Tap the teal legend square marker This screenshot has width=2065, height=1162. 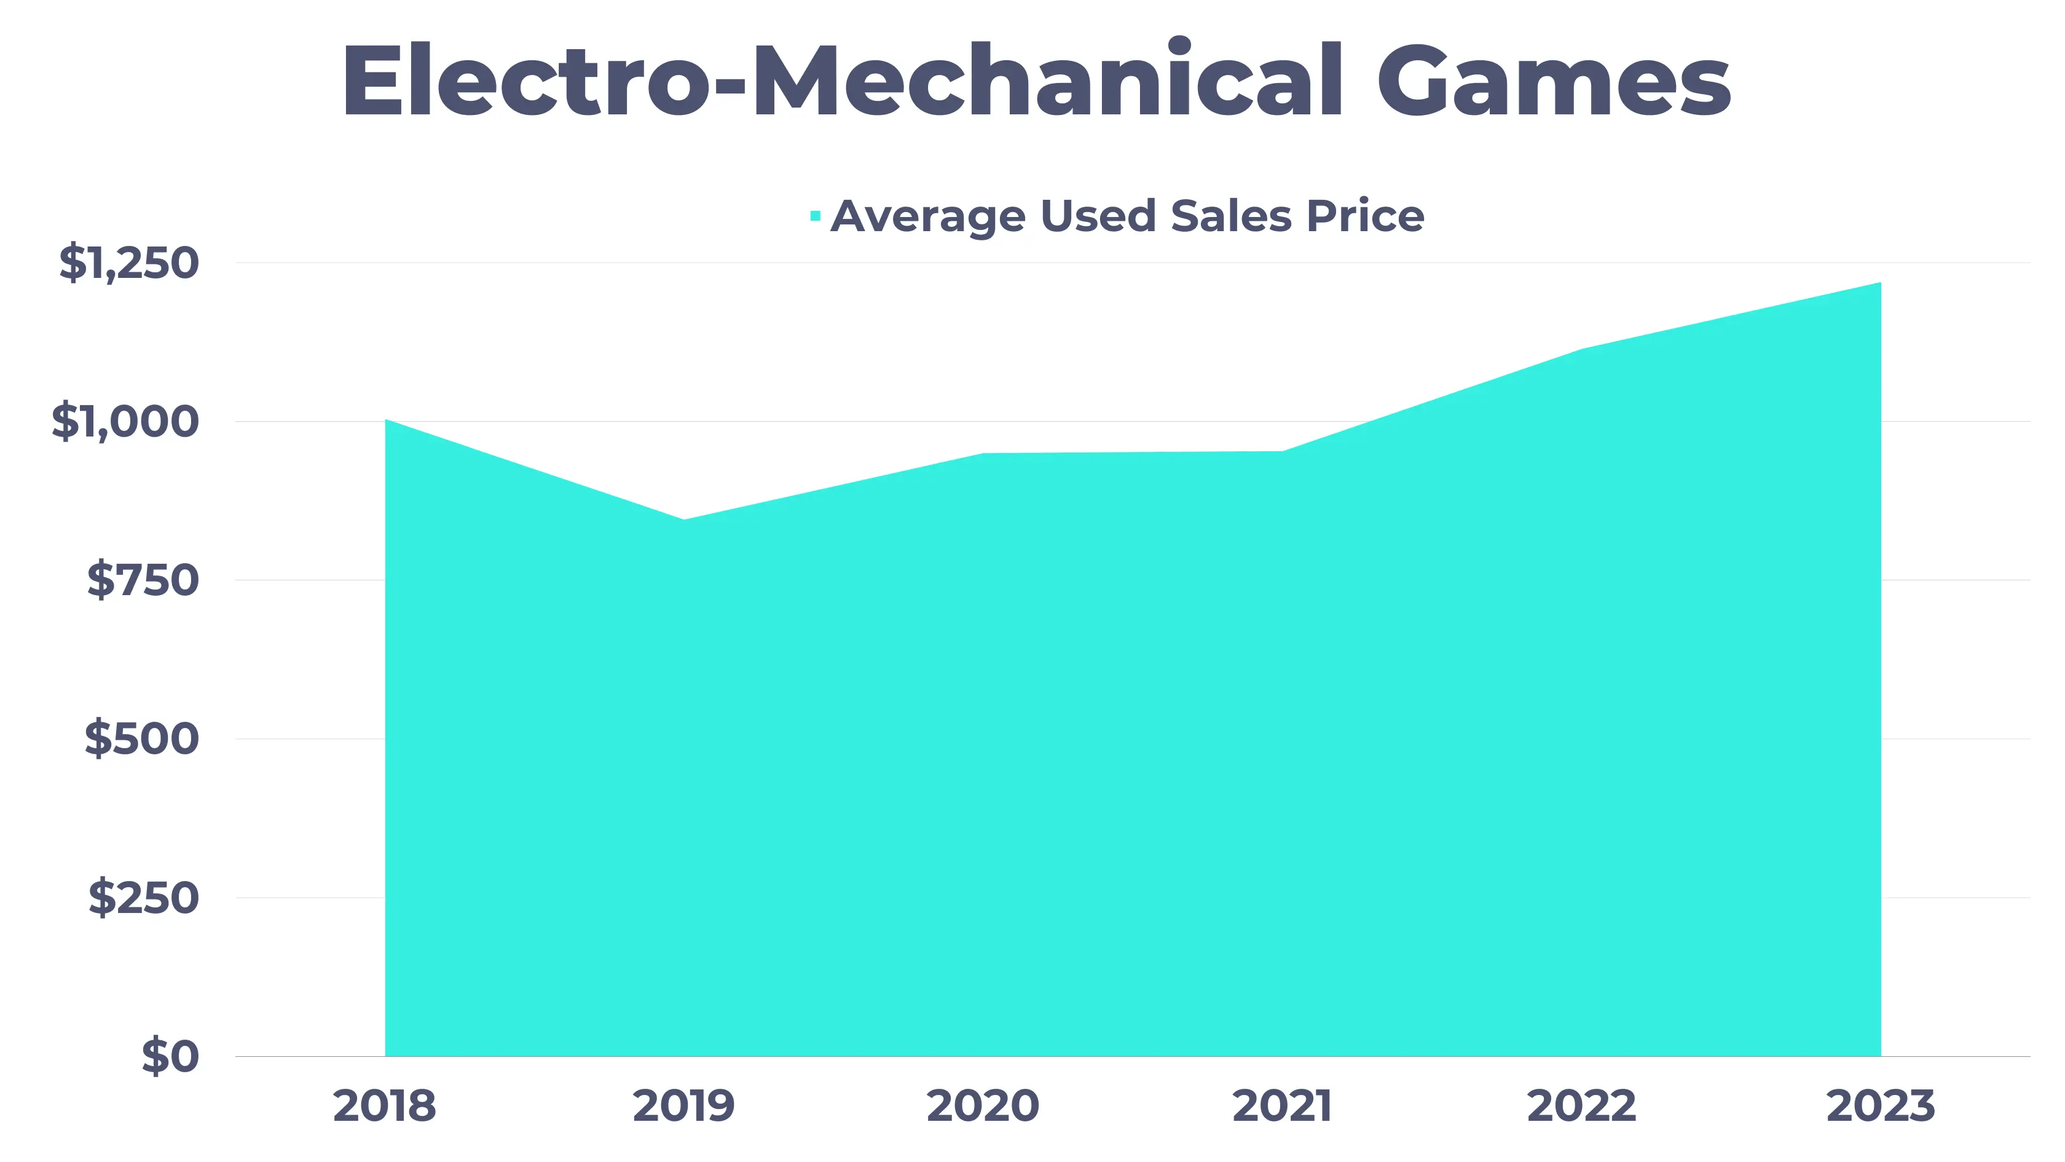point(816,216)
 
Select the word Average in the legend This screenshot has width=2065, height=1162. point(927,216)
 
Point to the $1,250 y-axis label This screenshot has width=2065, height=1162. point(129,263)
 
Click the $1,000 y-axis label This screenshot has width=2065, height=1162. point(125,421)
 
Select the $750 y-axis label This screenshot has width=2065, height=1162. point(143,580)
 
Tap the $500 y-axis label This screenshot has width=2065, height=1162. point(142,738)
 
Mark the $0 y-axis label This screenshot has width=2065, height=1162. point(170,1056)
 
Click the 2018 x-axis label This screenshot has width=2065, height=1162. point(385,1107)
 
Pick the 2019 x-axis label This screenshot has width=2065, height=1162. point(684,1107)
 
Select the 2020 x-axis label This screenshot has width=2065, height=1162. point(983,1107)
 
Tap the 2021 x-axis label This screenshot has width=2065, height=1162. point(1282,1107)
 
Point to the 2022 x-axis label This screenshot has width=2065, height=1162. point(1581,1107)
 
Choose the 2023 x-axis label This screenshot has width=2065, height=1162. point(1880,1107)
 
